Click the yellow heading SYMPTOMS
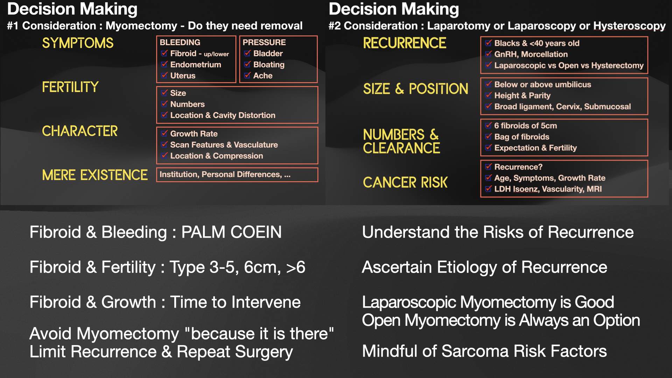point(78,43)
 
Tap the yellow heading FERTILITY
point(70,87)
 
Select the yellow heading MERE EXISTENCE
point(94,175)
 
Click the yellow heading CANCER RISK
point(405,182)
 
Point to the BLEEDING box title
point(180,42)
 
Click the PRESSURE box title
point(264,42)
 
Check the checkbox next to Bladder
point(247,53)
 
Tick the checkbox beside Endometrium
point(164,64)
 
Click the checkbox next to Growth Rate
point(164,133)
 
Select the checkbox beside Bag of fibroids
point(488,136)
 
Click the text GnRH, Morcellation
point(531,54)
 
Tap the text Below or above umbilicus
point(542,84)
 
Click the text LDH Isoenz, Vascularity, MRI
point(548,189)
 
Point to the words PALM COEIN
point(231,232)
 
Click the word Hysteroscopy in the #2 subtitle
point(629,26)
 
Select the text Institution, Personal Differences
point(220,174)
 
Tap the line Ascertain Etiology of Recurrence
point(484,267)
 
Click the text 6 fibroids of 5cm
point(525,126)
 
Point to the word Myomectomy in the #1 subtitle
point(141,26)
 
